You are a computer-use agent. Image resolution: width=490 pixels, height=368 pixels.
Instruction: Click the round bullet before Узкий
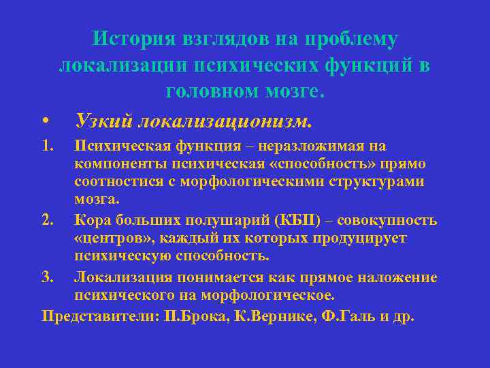45,122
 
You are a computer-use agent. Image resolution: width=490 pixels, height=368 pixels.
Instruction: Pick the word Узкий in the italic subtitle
104,121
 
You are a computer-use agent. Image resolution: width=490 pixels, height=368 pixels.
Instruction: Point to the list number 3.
47,277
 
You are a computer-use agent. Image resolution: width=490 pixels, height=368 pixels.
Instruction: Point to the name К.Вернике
281,316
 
